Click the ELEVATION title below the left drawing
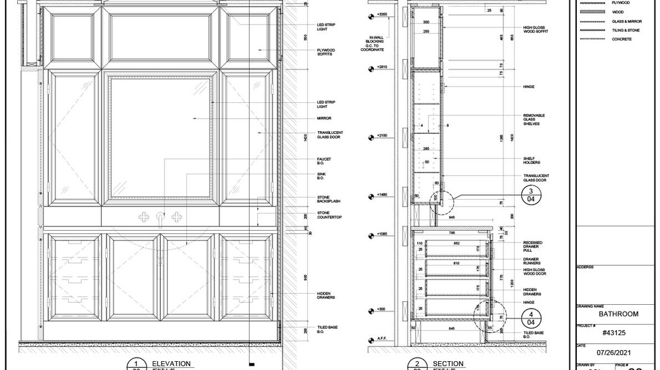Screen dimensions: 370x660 pos(171,363)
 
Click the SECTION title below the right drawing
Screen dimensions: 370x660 pos(448,363)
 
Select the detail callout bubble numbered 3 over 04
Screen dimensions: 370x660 pos(530,195)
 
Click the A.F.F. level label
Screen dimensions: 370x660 pos(382,338)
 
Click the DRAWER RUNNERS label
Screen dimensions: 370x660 pos(533,262)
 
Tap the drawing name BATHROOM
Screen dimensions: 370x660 pos(618,314)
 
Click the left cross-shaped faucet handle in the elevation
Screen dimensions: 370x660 pos(144,218)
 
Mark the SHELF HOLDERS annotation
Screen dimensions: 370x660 pos(531,161)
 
